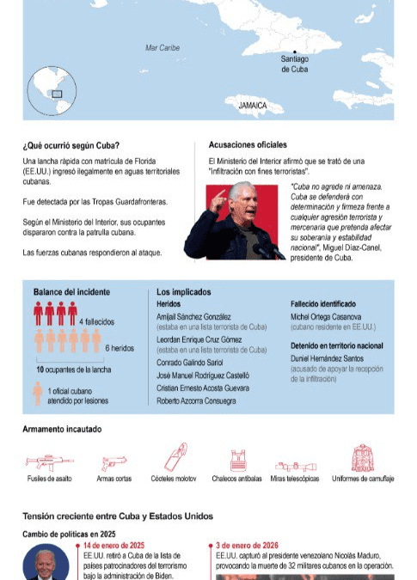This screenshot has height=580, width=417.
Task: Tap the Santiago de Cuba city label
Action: [x=294, y=64]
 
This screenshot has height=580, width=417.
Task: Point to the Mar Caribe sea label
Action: [x=163, y=48]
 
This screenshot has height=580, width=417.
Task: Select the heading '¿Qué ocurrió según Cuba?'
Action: [x=71, y=144]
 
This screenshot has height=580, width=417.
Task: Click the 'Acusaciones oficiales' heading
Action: [x=248, y=144]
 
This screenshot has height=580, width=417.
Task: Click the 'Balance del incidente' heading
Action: [x=71, y=292]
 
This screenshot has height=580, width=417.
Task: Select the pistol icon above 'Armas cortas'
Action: [x=113, y=462]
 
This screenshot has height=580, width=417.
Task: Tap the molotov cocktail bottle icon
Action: [x=176, y=456]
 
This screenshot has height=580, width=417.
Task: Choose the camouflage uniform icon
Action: [x=361, y=458]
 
